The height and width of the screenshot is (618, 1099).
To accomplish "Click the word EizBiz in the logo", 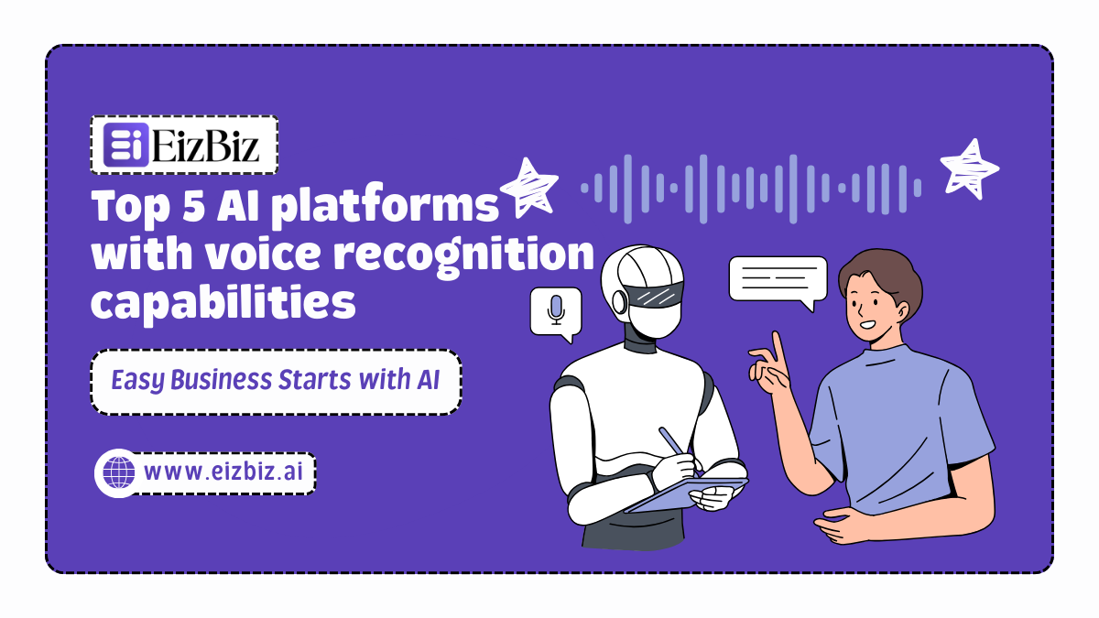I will coord(208,146).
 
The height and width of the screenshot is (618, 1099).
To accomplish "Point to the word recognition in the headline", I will coord(463,256).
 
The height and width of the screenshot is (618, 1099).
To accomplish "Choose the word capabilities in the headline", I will coord(223,303).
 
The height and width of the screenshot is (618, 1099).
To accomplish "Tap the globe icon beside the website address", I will coord(117,473).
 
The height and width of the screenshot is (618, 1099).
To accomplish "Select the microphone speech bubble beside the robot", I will coord(556,311).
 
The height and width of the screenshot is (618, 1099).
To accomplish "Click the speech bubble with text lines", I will coord(778,278).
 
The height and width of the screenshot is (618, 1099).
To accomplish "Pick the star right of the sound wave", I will coord(969,168).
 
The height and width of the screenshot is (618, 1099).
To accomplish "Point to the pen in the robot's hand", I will coord(676,448).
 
